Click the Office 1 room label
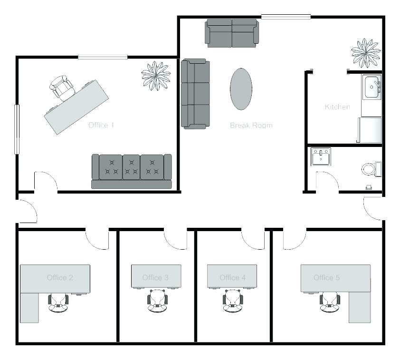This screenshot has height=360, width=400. (101, 125)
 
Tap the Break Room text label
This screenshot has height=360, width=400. (251, 126)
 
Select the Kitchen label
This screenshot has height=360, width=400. (337, 107)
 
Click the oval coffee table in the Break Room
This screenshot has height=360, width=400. (241, 89)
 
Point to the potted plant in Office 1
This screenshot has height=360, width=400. (156, 76)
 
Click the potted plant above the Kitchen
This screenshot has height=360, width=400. (366, 53)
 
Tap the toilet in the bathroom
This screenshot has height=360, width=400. (371, 169)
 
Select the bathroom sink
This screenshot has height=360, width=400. (321, 156)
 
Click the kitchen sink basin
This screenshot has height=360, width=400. (371, 87)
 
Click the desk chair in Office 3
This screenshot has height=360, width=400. (158, 301)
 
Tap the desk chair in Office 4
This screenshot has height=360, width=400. (233, 301)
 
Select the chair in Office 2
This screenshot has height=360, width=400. (58, 303)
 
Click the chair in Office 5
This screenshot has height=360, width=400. (330, 303)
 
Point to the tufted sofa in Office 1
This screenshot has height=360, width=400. (132, 171)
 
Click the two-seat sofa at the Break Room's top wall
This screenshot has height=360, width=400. (232, 33)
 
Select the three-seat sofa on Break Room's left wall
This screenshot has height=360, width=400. (195, 94)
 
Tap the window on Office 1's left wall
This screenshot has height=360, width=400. (17, 129)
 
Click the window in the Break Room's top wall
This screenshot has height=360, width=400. (286, 17)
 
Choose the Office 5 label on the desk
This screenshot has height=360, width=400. (326, 278)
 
